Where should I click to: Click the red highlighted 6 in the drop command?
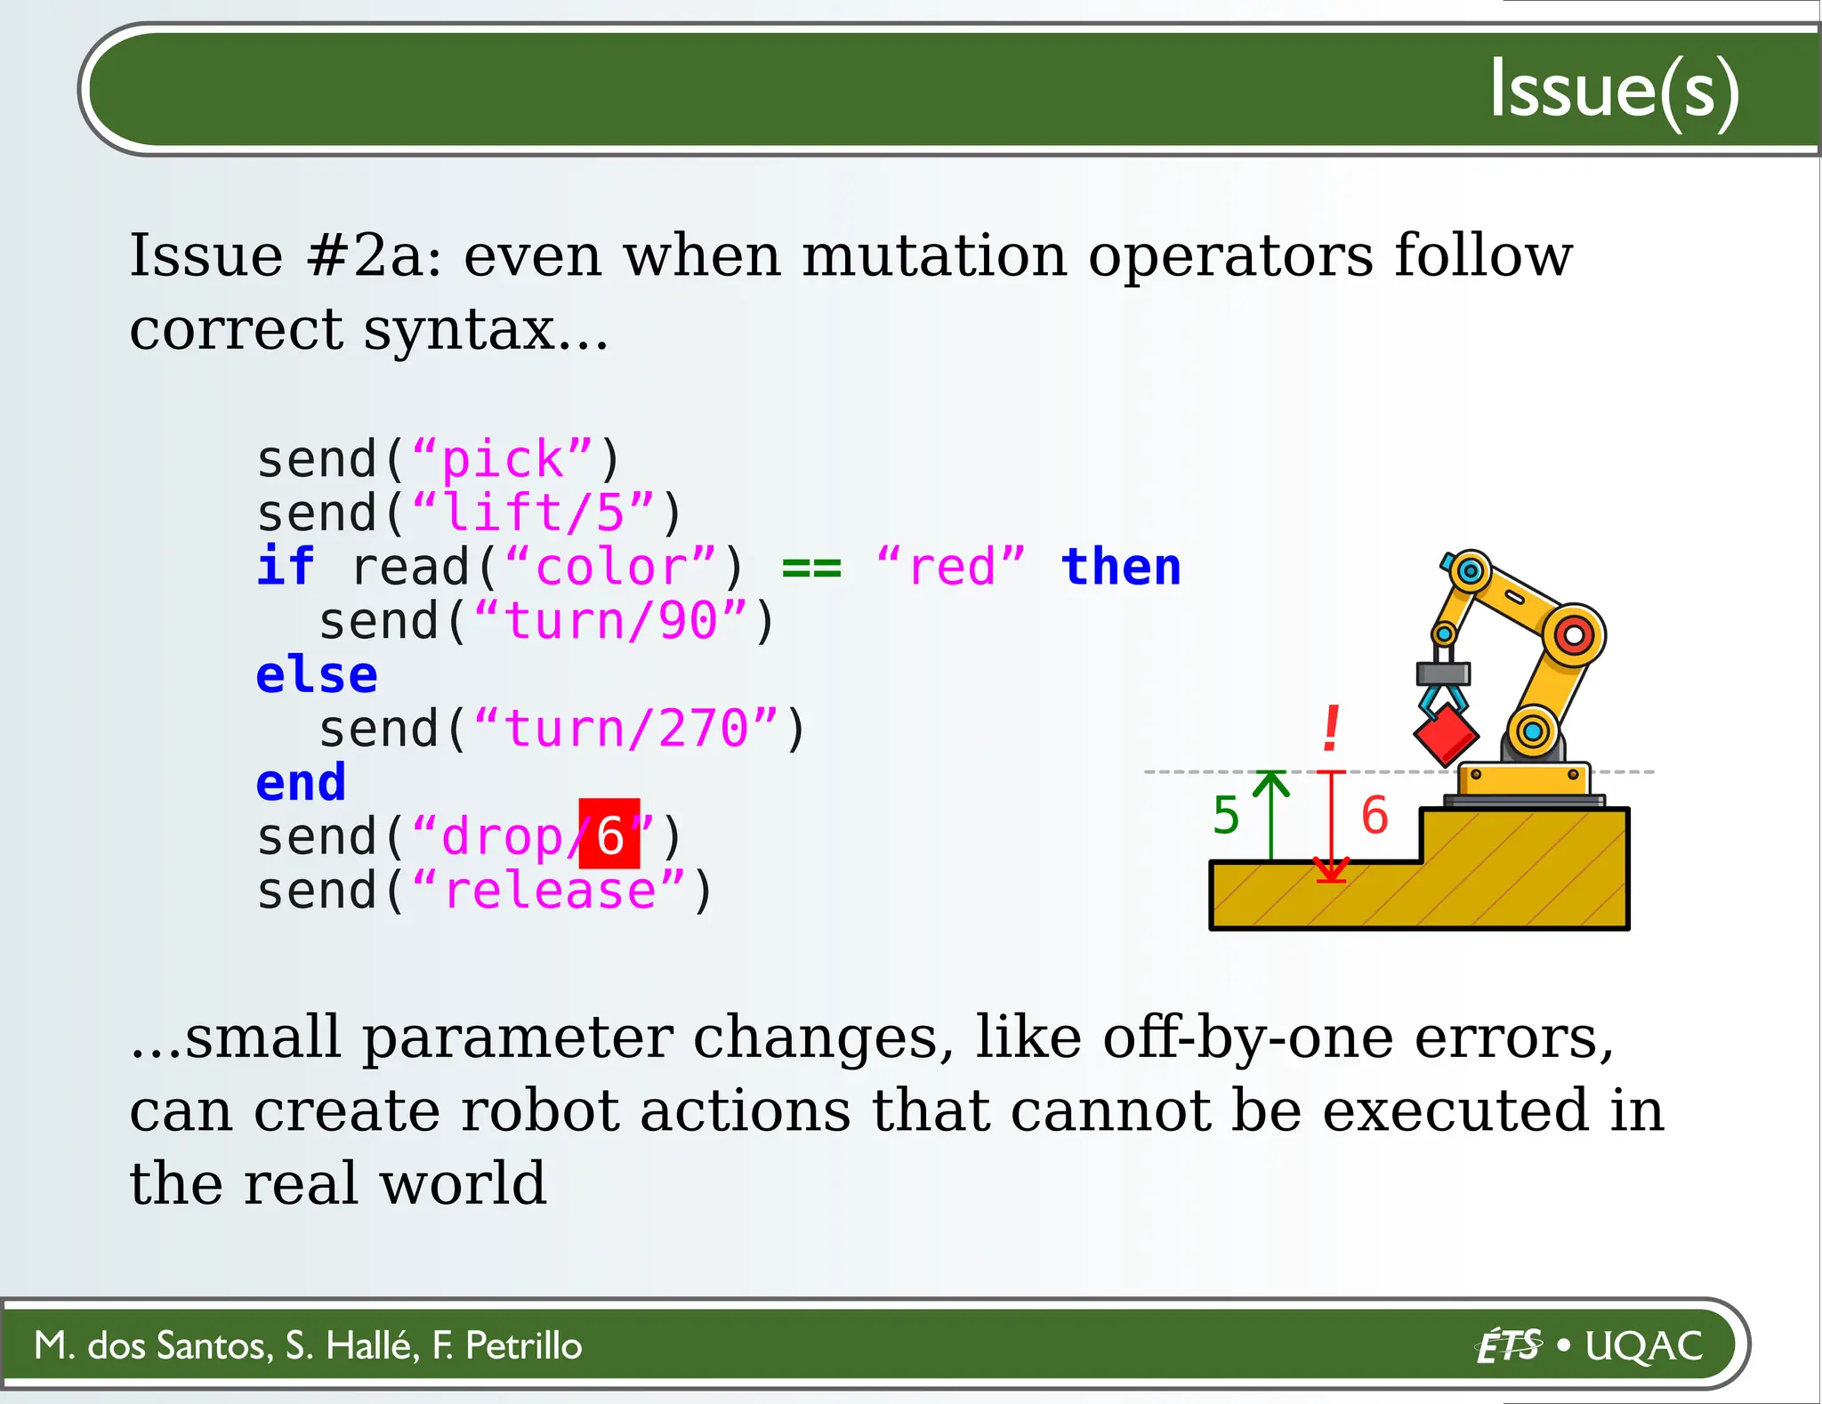tap(609, 835)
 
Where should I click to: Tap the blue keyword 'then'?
tap(1121, 567)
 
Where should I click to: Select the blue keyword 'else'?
tap(317, 675)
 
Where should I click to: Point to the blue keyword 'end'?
tap(301, 783)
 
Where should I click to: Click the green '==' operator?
tap(810, 567)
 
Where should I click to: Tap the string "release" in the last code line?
tap(549, 891)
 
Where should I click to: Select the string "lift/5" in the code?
tap(533, 513)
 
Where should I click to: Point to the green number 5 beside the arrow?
tap(1226, 815)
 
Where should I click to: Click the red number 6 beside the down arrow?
tap(1375, 815)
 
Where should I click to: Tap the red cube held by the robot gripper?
tap(1446, 735)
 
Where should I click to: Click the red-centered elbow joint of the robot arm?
tap(1574, 635)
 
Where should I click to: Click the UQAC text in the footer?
tap(1644, 1346)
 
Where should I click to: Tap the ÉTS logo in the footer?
tap(1508, 1346)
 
